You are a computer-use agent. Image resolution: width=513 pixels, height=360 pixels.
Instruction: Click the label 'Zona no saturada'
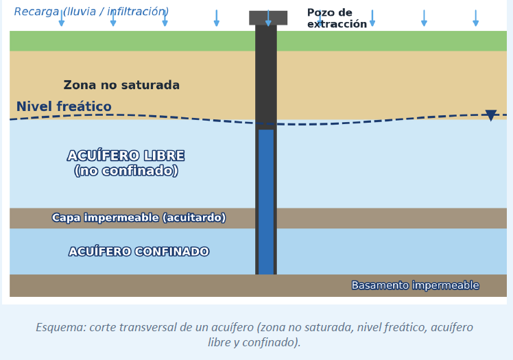point(121,85)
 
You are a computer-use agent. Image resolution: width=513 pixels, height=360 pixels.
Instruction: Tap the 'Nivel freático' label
point(64,106)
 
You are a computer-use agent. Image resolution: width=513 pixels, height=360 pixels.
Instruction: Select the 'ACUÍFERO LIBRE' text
point(126,156)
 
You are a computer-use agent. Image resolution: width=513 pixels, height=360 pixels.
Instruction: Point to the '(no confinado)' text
point(126,171)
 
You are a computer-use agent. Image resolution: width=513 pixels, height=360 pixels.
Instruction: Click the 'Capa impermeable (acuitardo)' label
point(139,218)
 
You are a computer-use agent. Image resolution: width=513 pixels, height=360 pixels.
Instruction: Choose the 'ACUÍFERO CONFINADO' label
point(139,252)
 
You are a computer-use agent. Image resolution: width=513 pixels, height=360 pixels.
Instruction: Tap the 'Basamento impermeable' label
point(415,285)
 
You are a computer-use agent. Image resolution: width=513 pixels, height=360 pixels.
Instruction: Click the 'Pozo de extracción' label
point(337,19)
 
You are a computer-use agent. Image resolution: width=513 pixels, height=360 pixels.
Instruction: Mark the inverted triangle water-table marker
point(491,115)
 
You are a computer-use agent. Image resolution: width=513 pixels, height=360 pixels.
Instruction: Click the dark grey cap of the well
point(268,18)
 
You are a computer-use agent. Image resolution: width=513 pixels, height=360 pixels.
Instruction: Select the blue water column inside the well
point(266,202)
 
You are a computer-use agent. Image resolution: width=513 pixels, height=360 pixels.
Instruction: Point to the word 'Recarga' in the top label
point(36,12)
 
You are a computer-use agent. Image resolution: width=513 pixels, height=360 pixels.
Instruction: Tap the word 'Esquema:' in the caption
point(61,327)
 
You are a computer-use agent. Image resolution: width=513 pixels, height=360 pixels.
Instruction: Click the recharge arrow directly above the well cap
point(268,18)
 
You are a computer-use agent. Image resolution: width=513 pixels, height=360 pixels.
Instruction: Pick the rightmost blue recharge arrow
point(476,18)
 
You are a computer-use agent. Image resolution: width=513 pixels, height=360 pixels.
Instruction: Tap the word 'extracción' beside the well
point(337,24)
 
